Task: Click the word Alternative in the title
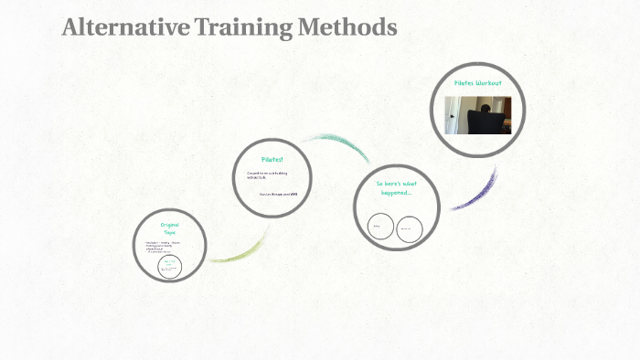click(x=126, y=27)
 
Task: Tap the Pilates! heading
click(x=272, y=159)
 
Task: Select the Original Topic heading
click(x=169, y=228)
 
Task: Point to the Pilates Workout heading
click(x=477, y=83)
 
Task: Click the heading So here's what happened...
click(x=395, y=187)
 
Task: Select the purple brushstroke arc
click(x=475, y=193)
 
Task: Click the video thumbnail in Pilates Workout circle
click(x=477, y=115)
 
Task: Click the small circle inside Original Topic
click(x=169, y=266)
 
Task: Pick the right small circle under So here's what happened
click(x=410, y=228)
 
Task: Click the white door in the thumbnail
click(x=453, y=115)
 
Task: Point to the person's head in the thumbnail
click(x=482, y=103)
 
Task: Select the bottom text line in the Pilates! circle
click(x=275, y=194)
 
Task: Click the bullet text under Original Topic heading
click(x=163, y=246)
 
